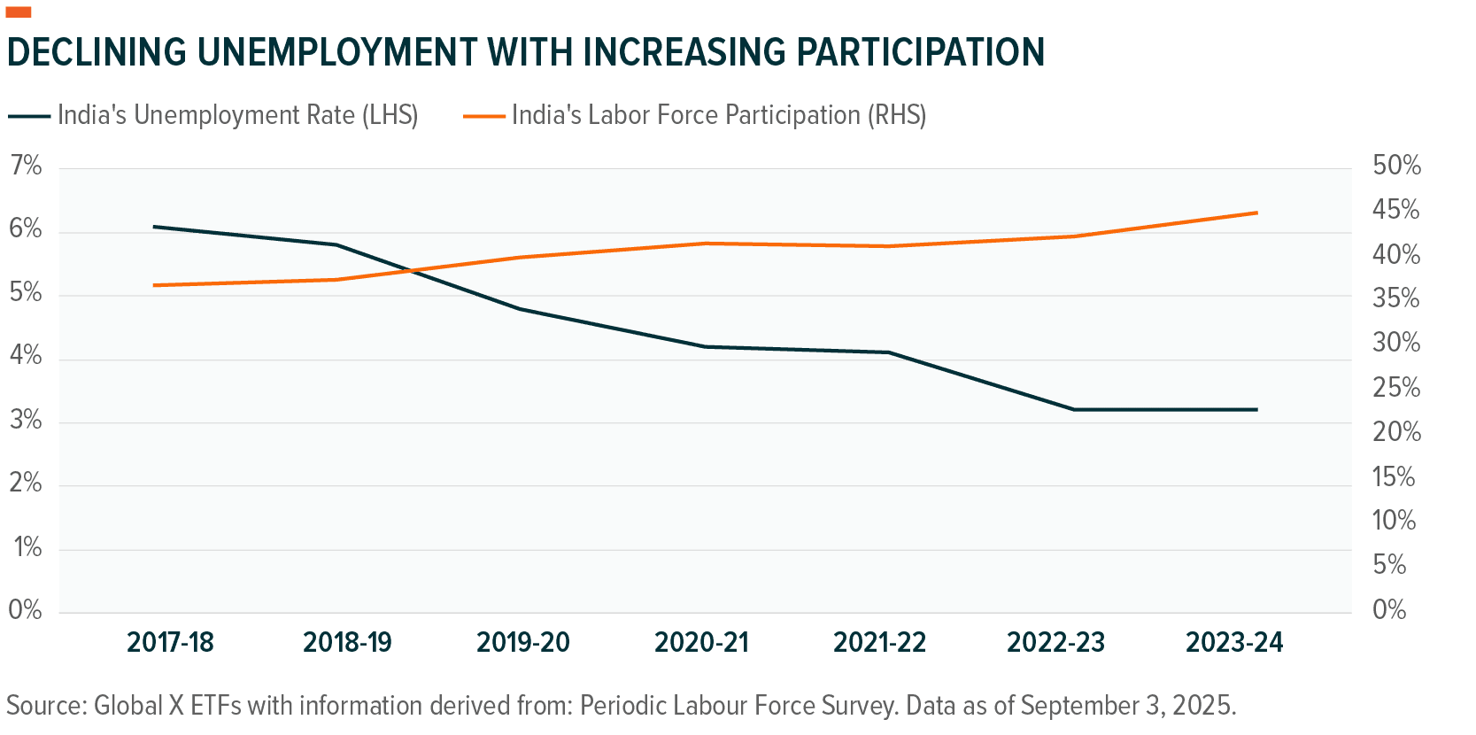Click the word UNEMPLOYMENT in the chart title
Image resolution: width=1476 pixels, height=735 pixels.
[336, 52]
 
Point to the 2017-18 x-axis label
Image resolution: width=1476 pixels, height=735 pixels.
[171, 642]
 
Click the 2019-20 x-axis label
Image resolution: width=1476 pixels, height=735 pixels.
[523, 642]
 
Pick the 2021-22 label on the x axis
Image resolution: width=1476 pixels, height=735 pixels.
[879, 642]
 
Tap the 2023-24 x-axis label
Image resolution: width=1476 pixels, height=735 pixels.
[1234, 642]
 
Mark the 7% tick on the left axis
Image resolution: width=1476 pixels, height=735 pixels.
[26, 166]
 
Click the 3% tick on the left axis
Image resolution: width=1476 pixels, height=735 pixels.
[26, 420]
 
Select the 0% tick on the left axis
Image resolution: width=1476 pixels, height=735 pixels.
[26, 609]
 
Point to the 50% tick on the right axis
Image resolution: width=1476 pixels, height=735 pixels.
[1396, 166]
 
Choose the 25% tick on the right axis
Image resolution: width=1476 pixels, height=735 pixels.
[1396, 388]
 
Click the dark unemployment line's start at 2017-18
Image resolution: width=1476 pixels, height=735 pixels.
[154, 227]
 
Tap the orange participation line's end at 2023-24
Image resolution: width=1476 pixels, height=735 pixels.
[1256, 213]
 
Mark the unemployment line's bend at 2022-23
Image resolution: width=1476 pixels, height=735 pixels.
[1073, 409]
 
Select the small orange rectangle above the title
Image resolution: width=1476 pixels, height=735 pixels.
[19, 12]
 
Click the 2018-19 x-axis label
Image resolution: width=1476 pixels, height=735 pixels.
[347, 642]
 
